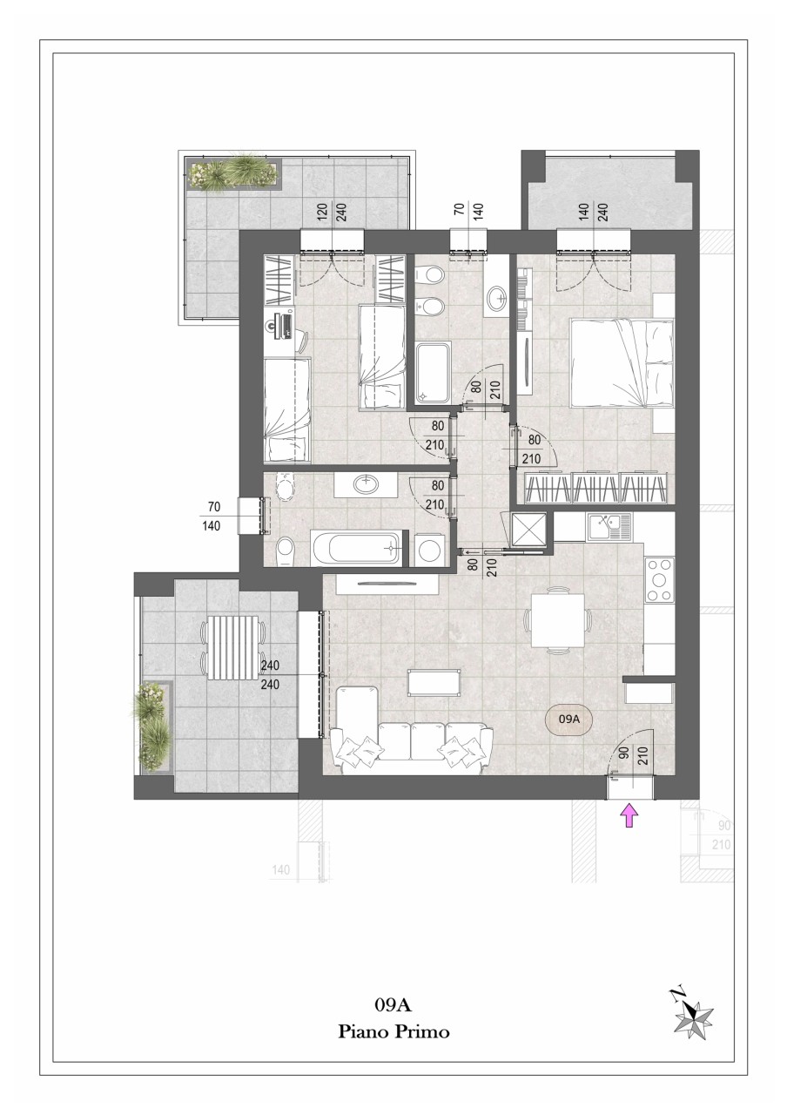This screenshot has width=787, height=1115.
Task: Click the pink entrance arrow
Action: [629, 816]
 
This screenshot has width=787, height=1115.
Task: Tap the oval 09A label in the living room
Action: [568, 719]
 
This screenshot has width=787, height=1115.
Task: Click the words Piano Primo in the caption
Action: [393, 1030]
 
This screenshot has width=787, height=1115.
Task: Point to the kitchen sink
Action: [609, 527]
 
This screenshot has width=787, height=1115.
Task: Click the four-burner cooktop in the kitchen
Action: [659, 579]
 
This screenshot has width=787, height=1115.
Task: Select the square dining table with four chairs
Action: [558, 620]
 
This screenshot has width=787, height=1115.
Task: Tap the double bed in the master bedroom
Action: [622, 362]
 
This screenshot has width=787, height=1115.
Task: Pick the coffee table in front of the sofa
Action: [434, 682]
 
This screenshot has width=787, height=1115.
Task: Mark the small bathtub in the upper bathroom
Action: [434, 371]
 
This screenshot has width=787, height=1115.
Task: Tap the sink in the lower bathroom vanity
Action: [367, 483]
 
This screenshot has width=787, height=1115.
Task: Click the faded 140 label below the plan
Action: [281, 870]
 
